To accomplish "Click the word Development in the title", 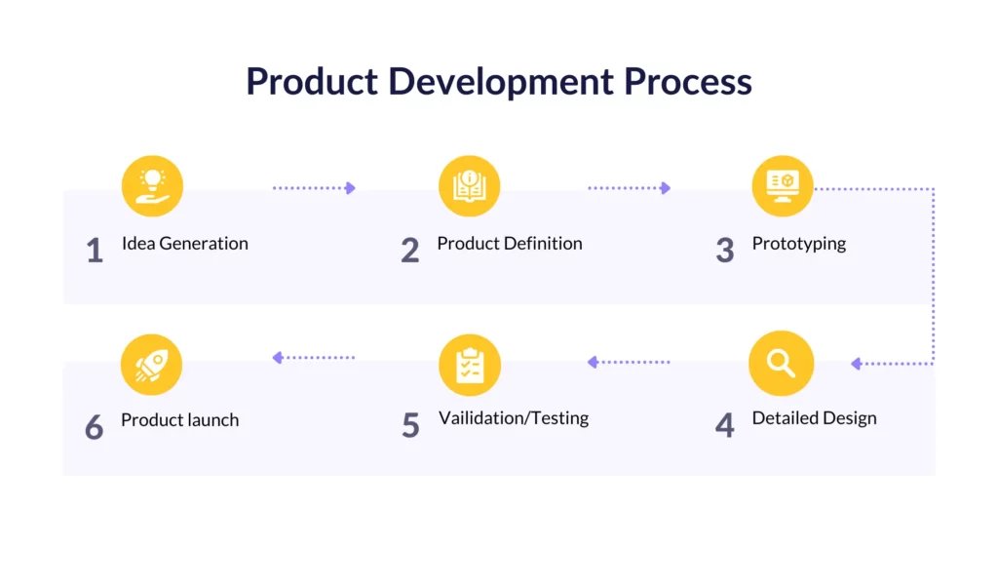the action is [501, 82].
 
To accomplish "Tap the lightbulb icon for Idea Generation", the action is [152, 186].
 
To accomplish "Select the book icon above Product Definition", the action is [469, 186].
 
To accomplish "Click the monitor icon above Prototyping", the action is [783, 186].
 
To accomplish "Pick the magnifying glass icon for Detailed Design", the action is [781, 363].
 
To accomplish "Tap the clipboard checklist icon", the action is [470, 365].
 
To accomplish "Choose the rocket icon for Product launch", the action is [151, 365].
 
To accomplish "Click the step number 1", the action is [95, 251].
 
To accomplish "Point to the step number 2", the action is [410, 251].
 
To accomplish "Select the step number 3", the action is [725, 251].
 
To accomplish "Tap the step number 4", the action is [725, 425].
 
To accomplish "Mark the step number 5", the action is [410, 425].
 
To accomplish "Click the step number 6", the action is [95, 426].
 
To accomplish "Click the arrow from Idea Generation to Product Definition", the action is [314, 188].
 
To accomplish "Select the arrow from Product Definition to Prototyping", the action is [629, 188].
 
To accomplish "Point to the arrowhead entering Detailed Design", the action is [856, 364].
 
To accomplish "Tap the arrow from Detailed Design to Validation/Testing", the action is [629, 363].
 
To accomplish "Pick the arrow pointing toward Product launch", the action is [313, 358].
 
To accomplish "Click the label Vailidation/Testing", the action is [514, 418].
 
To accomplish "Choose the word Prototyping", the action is [799, 244].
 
